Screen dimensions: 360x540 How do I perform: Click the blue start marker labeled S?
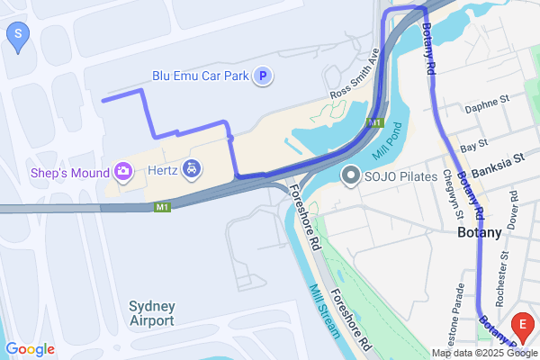click(18, 37)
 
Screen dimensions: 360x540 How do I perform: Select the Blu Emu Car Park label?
click(200, 76)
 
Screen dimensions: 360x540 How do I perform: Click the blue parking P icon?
click(263, 76)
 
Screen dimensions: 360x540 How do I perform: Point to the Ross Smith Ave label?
click(355, 80)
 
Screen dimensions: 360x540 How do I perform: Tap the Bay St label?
click(473, 144)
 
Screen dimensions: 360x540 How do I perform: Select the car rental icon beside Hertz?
click(191, 168)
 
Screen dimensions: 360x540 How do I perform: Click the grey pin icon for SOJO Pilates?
click(349, 175)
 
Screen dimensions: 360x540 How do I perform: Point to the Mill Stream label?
click(324, 311)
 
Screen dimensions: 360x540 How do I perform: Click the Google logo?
click(30, 348)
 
